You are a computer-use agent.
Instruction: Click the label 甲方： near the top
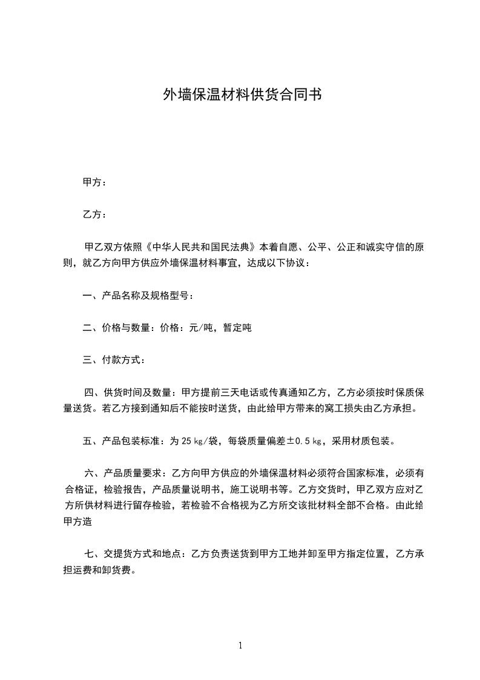tap(94, 182)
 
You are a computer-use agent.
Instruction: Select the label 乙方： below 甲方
tap(94, 215)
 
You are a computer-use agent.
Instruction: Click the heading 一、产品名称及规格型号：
tap(139, 296)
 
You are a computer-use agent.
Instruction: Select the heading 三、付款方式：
tap(114, 361)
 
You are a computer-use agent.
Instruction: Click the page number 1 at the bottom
tap(240, 646)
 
